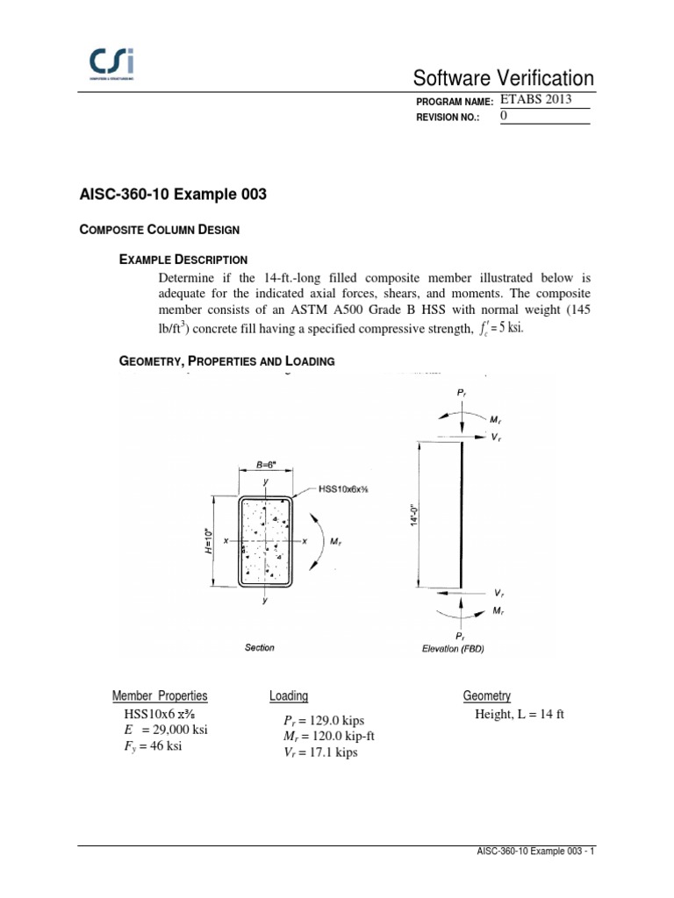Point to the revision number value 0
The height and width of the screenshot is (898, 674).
(504, 116)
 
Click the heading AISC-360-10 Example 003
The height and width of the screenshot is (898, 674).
(173, 195)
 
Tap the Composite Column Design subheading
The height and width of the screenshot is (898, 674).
(160, 229)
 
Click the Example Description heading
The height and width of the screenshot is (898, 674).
(183, 260)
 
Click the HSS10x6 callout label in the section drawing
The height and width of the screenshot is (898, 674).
(345, 488)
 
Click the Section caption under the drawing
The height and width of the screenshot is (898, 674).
(260, 648)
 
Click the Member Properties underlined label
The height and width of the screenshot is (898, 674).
(160, 696)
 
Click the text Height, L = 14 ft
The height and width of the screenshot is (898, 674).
(520, 714)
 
